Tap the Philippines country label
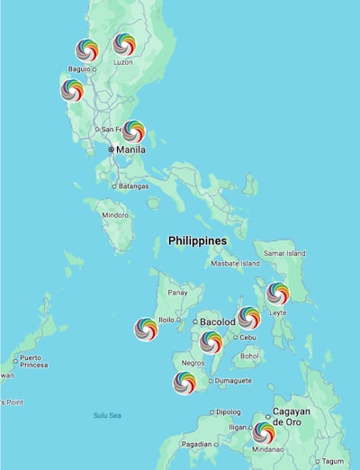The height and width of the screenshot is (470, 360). click(x=197, y=241)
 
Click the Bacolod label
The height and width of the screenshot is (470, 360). click(x=217, y=321)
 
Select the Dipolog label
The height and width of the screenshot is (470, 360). click(x=228, y=412)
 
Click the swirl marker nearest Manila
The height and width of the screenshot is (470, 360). click(x=133, y=131)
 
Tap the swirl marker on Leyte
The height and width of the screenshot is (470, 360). click(x=278, y=293)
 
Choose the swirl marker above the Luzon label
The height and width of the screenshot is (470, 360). click(x=124, y=44)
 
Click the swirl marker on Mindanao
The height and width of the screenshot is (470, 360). click(x=263, y=432)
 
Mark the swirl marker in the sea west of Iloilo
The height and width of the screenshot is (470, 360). click(x=146, y=329)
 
